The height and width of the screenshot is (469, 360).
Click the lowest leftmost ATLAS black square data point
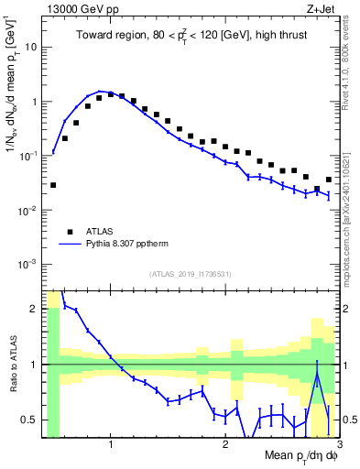coord(53,185)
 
